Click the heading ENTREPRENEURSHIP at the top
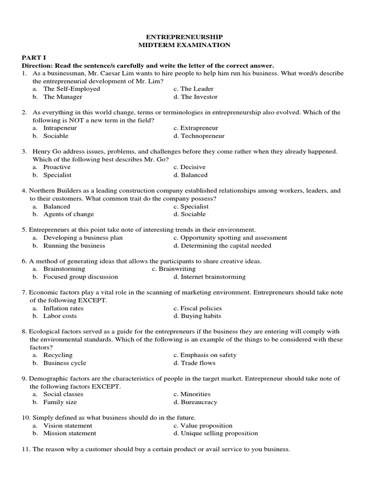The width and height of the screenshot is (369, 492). pyautogui.click(x=184, y=37)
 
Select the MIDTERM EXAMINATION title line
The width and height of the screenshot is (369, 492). pyautogui.click(x=184, y=45)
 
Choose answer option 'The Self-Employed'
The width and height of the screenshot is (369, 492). pyautogui.click(x=72, y=89)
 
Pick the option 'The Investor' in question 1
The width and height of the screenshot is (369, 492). pyautogui.click(x=199, y=97)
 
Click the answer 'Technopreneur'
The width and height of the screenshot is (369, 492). pyautogui.click(x=202, y=136)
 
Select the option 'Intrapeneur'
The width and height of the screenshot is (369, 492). pyautogui.click(x=60, y=128)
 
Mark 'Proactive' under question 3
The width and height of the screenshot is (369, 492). pyautogui.click(x=57, y=167)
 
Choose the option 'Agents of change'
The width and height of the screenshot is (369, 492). pyautogui.click(x=68, y=214)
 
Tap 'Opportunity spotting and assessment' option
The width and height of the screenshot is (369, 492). pyautogui.click(x=234, y=238)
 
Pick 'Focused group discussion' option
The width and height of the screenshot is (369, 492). pyautogui.click(x=80, y=277)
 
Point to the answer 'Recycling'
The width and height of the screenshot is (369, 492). pyautogui.click(x=58, y=355)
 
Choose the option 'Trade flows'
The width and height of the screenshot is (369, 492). pyautogui.click(x=198, y=363)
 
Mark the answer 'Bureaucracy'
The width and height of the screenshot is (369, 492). pyautogui.click(x=199, y=402)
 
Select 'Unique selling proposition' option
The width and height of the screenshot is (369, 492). pyautogui.click(x=219, y=433)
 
